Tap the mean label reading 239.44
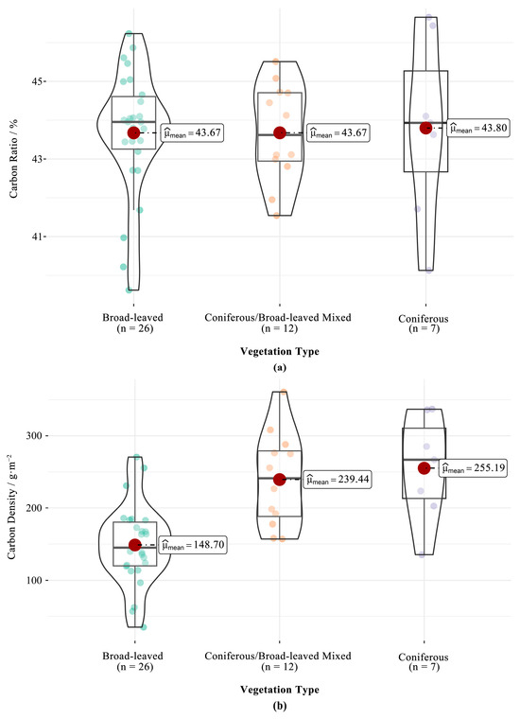pyautogui.click(x=338, y=480)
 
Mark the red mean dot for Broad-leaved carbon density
pyautogui.click(x=134, y=545)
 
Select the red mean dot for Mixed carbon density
pyautogui.click(x=280, y=480)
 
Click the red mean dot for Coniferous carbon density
pyautogui.click(x=425, y=467)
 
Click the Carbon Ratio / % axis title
pyautogui.click(x=14, y=159)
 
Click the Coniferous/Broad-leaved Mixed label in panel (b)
pyautogui.click(x=278, y=657)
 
